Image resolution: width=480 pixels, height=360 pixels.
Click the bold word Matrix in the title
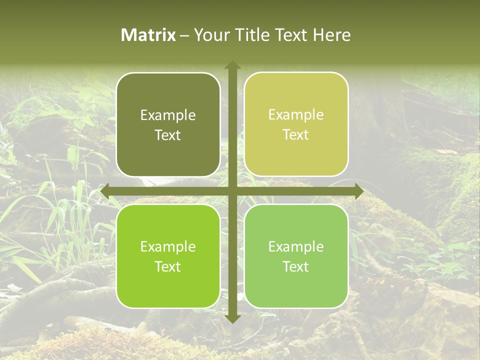pyautogui.click(x=148, y=35)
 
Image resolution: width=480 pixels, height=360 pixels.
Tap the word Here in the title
pyautogui.click(x=332, y=35)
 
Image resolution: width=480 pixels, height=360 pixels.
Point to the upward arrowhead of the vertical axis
pyautogui.click(x=232, y=65)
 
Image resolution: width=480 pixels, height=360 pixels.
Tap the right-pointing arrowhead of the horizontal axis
pyautogui.click(x=358, y=191)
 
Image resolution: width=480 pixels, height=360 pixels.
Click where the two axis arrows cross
pyautogui.click(x=232, y=191)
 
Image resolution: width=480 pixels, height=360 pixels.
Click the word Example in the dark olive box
pyautogui.click(x=168, y=115)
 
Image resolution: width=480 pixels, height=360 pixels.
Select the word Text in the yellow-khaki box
pyautogui.click(x=296, y=135)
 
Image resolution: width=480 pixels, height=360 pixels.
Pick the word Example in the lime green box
pyautogui.click(x=168, y=246)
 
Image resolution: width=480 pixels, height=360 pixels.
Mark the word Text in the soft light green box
pyautogui.click(x=296, y=266)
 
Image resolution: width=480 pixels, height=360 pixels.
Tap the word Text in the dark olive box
pyautogui.click(x=168, y=135)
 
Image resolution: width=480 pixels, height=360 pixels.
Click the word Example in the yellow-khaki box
pyautogui.click(x=296, y=115)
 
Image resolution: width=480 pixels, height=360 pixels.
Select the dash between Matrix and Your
pyautogui.click(x=184, y=35)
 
